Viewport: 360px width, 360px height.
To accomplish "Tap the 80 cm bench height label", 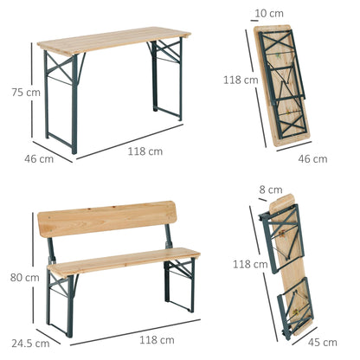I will [x=24, y=278].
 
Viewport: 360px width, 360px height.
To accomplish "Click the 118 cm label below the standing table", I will [x=144, y=151].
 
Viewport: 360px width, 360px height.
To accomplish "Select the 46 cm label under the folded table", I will [x=312, y=158].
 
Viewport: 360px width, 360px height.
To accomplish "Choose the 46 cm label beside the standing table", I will [x=39, y=158].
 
